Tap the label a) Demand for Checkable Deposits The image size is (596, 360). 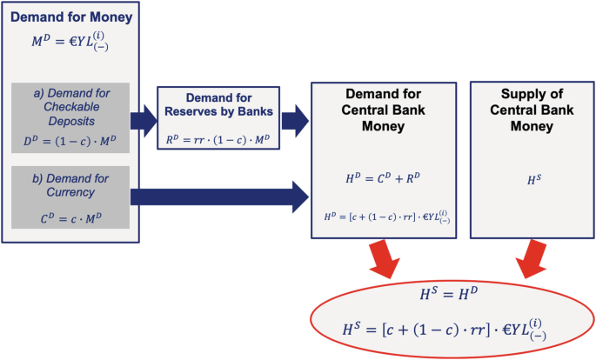click(71, 108)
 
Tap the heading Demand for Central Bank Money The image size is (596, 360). click(384, 110)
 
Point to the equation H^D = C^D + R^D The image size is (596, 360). click(384, 179)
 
